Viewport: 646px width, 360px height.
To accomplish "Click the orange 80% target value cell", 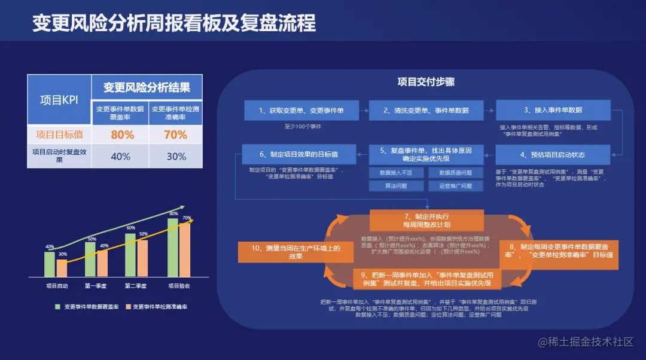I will (x=122, y=135).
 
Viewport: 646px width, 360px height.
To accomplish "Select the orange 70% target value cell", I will (x=175, y=135).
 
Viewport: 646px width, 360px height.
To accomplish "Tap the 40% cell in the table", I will (x=120, y=156).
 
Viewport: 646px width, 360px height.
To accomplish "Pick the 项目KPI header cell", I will (x=59, y=100).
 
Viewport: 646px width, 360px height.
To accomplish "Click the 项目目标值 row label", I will (x=59, y=135).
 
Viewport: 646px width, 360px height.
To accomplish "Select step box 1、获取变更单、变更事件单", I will (x=301, y=110).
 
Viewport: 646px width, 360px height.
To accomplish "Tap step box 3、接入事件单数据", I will (x=553, y=110).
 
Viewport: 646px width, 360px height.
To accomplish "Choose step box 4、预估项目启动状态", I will (x=553, y=155).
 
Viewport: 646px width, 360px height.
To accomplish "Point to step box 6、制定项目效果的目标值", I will (x=299, y=155).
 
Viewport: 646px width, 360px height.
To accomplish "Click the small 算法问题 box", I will (x=396, y=186).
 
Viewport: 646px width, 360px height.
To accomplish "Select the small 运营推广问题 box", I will (x=455, y=186).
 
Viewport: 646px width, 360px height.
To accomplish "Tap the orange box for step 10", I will (x=295, y=252).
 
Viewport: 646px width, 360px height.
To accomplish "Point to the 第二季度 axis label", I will (x=136, y=286).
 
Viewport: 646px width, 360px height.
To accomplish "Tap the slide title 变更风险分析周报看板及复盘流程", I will (x=173, y=23).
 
